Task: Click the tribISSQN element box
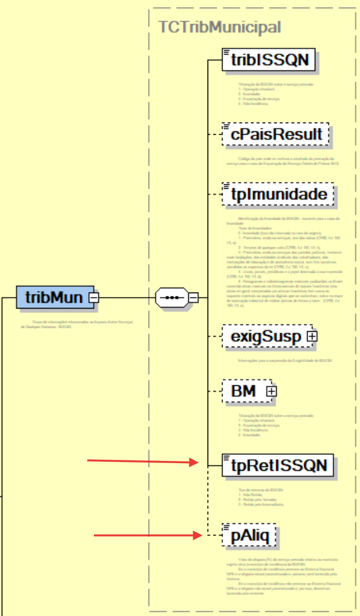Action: pos(269,60)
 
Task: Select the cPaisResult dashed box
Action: pos(276,134)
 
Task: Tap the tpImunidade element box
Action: pos(278,194)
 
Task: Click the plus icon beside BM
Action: pos(271,391)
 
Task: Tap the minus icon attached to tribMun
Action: pos(94,298)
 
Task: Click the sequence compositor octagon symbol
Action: pos(172,298)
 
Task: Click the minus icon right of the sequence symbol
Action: pos(193,298)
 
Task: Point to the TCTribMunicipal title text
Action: pos(219,27)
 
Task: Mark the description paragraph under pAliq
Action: pos(282,577)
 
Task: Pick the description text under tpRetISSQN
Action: pos(260,497)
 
